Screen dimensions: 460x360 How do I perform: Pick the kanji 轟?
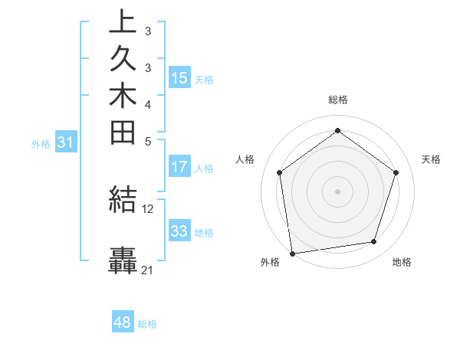coord(123,260)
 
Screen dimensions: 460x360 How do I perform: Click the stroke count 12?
coord(148,208)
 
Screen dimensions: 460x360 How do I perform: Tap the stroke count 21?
coord(147,270)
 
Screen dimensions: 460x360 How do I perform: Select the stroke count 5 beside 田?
coord(147,141)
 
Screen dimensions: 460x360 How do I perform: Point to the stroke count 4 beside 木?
coord(147,104)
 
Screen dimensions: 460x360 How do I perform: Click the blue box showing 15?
coord(179,77)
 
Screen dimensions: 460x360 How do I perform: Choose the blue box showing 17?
coord(179,166)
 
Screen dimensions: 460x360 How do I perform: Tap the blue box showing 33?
coord(179,231)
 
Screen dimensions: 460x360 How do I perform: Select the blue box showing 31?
coord(65,142)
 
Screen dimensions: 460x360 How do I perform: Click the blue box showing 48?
coord(123,322)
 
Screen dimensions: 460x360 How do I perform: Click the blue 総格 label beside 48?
coord(147,324)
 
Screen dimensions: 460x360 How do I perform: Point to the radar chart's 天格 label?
coord(431,159)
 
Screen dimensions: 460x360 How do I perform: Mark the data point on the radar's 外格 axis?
coord(293,252)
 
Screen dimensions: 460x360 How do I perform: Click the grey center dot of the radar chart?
coord(337,191)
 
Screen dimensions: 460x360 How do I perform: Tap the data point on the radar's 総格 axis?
coord(337,130)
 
